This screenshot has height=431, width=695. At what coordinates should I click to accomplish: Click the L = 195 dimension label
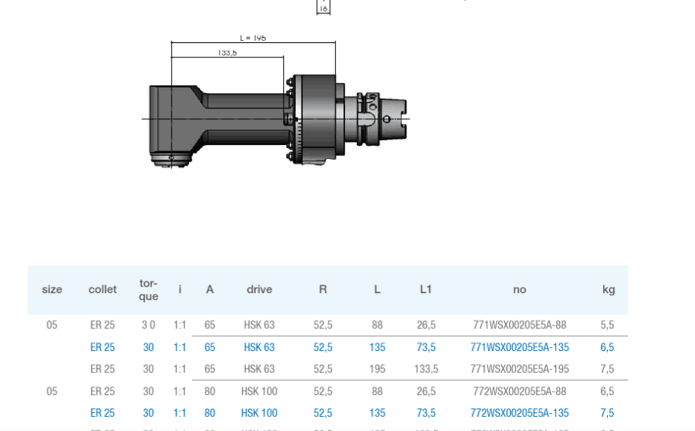click(x=253, y=38)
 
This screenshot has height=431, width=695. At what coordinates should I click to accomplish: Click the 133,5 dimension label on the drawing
click(x=227, y=53)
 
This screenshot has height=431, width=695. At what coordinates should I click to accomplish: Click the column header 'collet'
click(x=103, y=290)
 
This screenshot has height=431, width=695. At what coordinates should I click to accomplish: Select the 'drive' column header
click(x=259, y=290)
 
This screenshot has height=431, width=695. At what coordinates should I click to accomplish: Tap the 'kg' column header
click(x=608, y=290)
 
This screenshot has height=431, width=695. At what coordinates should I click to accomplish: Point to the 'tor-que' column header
click(x=148, y=290)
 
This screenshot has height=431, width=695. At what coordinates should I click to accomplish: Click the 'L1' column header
click(x=426, y=290)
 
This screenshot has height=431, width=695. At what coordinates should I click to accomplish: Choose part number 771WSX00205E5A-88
click(x=519, y=325)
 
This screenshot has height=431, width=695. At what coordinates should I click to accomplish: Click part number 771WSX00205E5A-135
click(x=519, y=347)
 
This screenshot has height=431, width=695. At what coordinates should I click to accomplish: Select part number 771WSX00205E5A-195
click(x=519, y=369)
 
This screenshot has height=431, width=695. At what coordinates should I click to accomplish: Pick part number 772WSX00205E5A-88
click(x=519, y=391)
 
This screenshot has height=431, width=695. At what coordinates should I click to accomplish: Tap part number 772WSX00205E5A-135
click(x=519, y=413)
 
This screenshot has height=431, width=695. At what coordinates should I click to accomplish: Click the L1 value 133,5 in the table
click(x=426, y=369)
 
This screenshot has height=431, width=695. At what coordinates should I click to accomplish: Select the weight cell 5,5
click(x=607, y=325)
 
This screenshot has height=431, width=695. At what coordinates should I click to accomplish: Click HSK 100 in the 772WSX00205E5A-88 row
click(x=259, y=391)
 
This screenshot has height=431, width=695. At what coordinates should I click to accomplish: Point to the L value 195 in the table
click(x=377, y=369)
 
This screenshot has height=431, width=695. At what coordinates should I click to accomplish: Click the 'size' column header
click(x=52, y=290)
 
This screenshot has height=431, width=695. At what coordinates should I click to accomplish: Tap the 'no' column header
click(x=519, y=290)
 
